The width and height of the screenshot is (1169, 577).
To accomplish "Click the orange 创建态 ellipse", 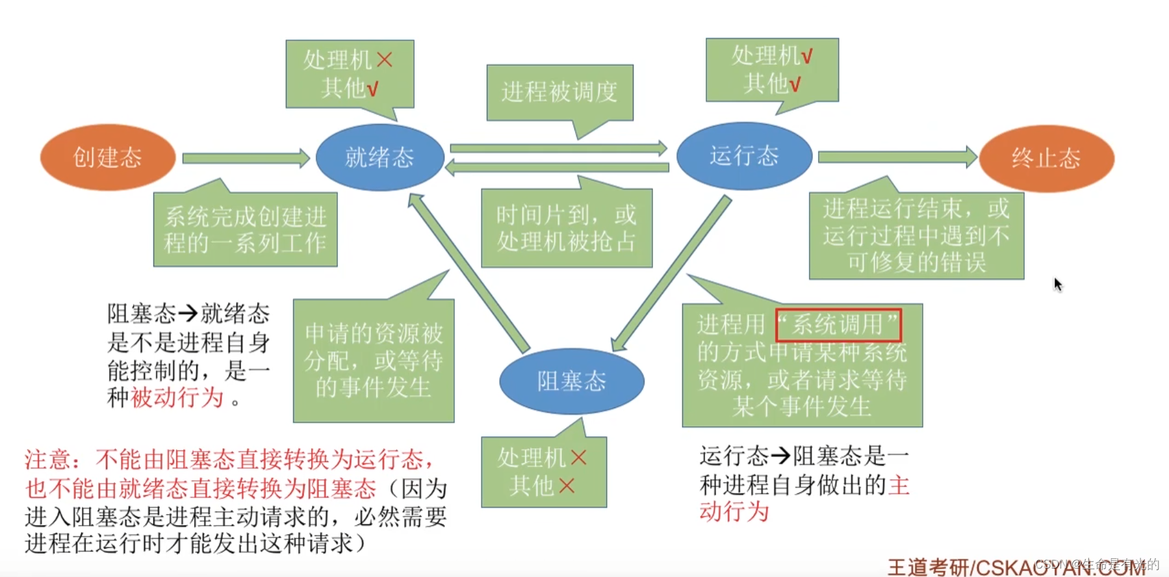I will pos(108,157).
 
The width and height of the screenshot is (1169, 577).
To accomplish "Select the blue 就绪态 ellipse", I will pos(379,157).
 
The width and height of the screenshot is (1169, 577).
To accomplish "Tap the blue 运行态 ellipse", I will pos(744,156).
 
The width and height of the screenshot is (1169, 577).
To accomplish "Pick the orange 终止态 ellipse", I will pos(1046,158).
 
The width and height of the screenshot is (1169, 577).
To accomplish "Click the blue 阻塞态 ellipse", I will pos(571,381).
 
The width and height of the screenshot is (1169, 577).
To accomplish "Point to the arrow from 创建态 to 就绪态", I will pos(246,158).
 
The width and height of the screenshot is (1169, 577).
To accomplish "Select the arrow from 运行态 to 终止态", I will pos(897,157).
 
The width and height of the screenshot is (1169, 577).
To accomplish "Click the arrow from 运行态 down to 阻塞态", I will pos(673,273).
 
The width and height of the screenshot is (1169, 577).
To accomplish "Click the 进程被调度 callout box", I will pos(559,92).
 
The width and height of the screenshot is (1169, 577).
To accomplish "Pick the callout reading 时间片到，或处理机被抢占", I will pos(566,228).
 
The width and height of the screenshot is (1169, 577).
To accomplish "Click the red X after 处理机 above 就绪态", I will pos(385,60).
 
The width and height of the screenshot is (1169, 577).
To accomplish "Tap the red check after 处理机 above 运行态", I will pos(806,57).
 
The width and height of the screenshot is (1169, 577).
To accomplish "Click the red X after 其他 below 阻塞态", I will pos(567,485).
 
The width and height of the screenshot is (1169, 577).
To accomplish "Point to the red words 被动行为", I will pos(177,397).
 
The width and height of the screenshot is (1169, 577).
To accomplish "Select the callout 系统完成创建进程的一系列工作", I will pos(245,229).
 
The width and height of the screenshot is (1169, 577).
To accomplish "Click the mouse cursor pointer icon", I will pos(1057,284).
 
